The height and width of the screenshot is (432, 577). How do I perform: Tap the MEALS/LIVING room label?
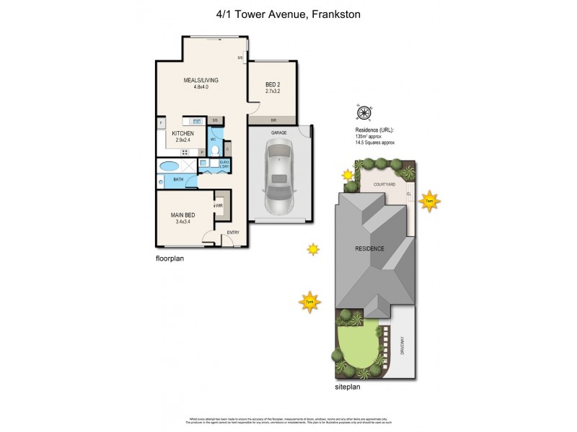201,80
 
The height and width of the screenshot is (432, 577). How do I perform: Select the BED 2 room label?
272,85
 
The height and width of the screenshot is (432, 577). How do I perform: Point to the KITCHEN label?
182,133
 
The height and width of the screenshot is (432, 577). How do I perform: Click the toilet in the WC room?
215,150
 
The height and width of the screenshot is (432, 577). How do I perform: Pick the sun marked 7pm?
309,302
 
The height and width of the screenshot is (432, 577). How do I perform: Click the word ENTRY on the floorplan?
233,233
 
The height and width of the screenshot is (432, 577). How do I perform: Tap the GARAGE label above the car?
279,133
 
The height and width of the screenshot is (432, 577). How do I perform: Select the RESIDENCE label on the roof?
369,248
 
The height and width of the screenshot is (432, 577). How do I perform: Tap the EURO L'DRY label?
225,164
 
